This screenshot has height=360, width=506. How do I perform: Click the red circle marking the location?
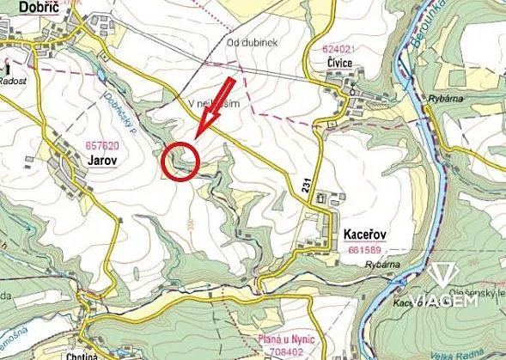tap(180, 161)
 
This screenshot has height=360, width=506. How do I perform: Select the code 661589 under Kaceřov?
tap(367, 248)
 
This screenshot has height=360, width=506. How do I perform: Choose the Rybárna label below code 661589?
tap(381, 265)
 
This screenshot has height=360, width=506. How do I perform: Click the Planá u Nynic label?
tap(283, 339)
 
